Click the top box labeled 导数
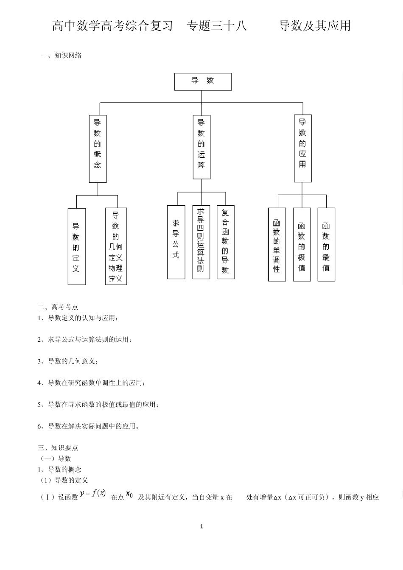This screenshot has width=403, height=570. coord(203,81)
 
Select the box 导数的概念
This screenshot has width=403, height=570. coord(98,148)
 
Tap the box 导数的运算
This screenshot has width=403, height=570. coord(201,147)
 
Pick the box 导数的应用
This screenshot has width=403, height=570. coord(302,148)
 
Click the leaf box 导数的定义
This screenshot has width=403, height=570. coord(76,246)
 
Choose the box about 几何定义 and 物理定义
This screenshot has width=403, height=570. coord(116,246)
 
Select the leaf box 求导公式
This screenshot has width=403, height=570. coord(176,242)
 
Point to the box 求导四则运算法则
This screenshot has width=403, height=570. coord(201,242)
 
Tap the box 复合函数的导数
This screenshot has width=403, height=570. coord(225,242)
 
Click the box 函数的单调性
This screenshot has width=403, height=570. coord(277,244)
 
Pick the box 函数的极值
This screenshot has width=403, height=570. coord(302,244)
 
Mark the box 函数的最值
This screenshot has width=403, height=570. coord(326,244)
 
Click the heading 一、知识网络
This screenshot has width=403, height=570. coord(61,55)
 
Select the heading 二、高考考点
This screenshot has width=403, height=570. coord(58,307)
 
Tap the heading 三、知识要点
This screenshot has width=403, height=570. coord(58,447)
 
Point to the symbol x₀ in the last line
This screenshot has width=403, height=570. coord(130,494)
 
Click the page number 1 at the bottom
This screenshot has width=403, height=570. coord(201,526)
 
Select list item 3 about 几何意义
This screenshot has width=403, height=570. coord(68,361)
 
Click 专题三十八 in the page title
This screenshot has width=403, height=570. coord(217,26)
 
